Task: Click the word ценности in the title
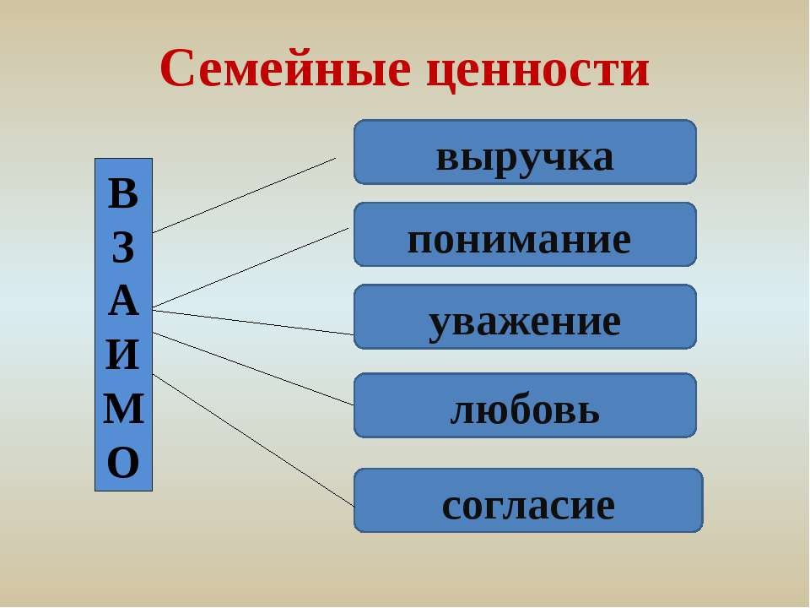(537, 71)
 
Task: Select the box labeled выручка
(525, 152)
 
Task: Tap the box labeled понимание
(525, 234)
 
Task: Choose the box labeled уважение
(525, 317)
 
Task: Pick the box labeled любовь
(525, 405)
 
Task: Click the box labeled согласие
(528, 501)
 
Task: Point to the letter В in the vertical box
(123, 193)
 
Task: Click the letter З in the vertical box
(123, 247)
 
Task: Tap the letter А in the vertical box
(123, 301)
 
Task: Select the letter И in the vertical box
(123, 355)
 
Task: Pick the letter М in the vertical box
(123, 409)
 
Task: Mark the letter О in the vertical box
(123, 462)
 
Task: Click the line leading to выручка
(244, 195)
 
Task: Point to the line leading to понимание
(251, 268)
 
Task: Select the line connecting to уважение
(253, 323)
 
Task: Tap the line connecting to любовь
(253, 369)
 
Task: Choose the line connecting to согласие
(253, 440)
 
